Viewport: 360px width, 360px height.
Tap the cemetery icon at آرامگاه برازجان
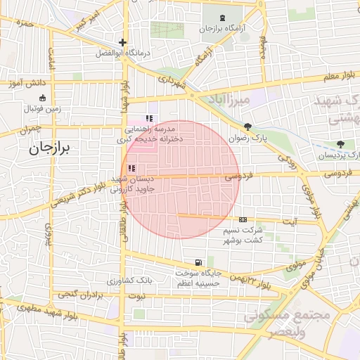223,18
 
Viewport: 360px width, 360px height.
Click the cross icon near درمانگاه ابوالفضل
123,42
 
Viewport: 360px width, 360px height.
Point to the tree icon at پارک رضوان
247,127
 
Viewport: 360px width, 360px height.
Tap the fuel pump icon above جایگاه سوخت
202,262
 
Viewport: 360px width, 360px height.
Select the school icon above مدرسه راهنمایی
148,118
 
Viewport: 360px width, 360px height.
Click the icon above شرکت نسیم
243,219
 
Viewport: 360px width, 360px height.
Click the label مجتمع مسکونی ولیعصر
295,324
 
